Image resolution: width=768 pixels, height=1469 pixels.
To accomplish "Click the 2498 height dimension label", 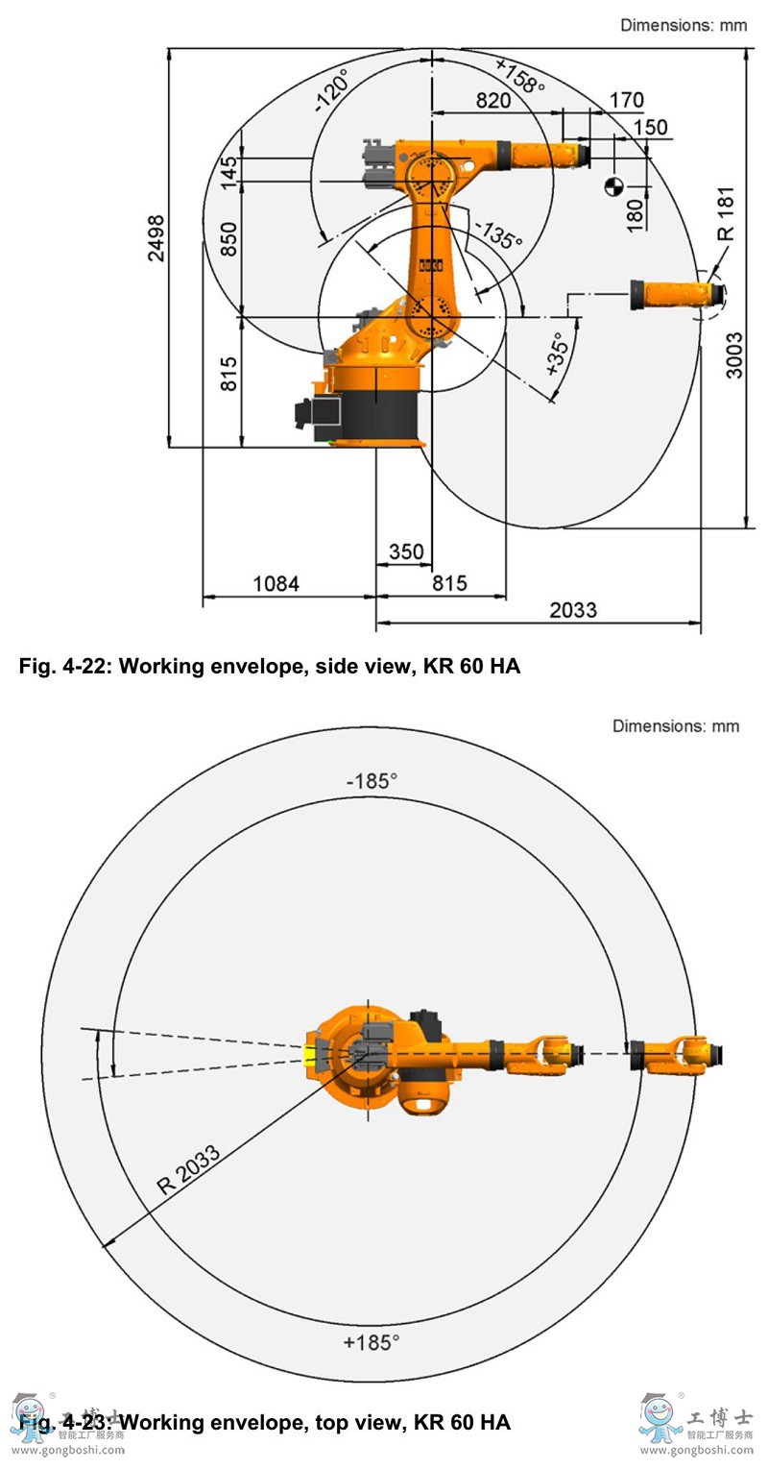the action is pos(156,238).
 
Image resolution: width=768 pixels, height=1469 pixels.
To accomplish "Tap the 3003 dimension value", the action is pos(734,355).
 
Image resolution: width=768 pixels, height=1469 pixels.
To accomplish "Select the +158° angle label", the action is pos(519,76).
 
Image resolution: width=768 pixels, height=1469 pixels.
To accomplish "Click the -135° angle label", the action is pos(498,233).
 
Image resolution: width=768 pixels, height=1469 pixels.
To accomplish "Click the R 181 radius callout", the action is pos(726,214).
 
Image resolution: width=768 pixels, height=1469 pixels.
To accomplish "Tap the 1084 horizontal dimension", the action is pos(276,584).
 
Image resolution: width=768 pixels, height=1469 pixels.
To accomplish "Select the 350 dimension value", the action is pos(406,551).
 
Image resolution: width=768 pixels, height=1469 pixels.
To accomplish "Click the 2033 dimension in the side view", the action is pos(573,610).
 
